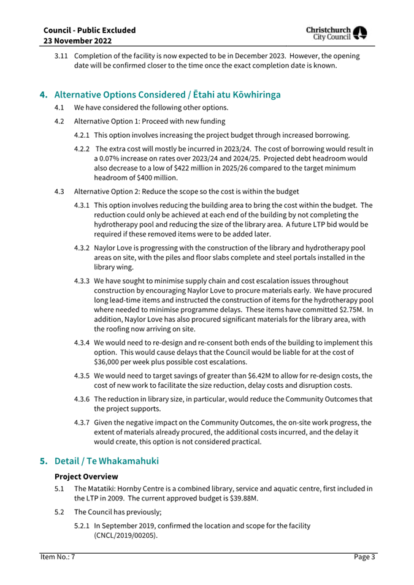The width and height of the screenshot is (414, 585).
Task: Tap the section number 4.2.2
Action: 83,149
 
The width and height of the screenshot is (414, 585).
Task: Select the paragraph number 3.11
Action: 61,56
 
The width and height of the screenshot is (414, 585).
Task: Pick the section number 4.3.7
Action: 83,422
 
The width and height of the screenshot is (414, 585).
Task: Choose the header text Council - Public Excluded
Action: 90,29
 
